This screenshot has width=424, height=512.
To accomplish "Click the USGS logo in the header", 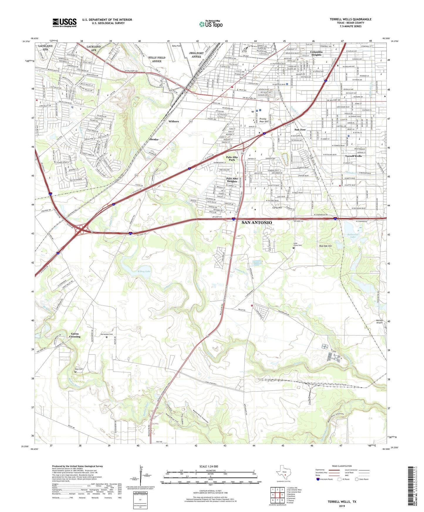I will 65,23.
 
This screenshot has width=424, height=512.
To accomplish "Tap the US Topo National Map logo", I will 210,24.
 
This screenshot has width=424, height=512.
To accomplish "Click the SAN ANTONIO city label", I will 256,223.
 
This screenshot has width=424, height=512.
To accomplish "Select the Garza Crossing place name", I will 75,335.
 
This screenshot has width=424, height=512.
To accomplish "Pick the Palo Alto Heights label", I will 232,180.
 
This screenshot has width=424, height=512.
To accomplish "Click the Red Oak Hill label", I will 325,246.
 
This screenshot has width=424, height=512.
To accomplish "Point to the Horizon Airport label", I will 379,321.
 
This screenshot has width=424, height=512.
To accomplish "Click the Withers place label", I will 173,121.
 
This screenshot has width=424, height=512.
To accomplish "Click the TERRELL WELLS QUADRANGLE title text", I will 350,19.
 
